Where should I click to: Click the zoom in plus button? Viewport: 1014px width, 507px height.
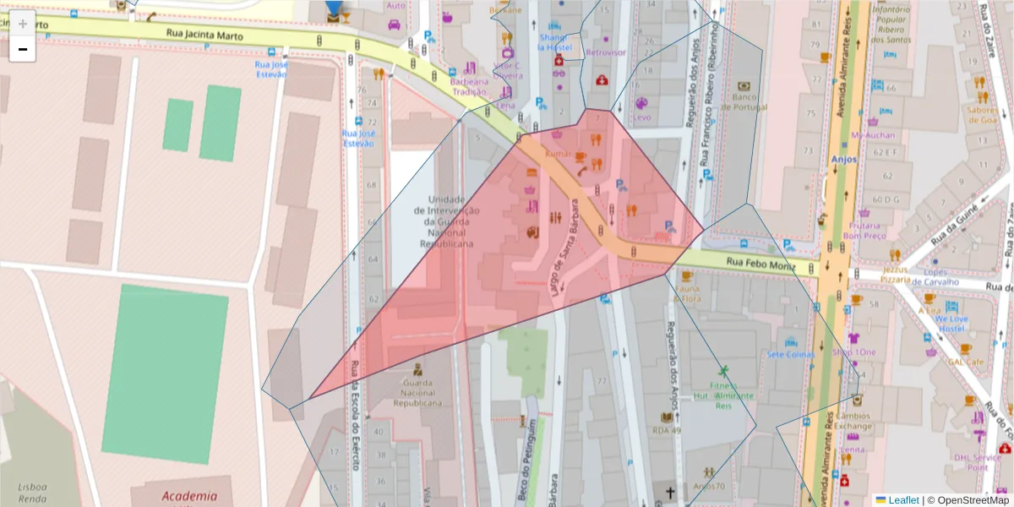click(23, 24)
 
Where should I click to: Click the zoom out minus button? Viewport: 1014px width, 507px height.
click(23, 49)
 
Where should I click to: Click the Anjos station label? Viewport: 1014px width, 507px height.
click(843, 159)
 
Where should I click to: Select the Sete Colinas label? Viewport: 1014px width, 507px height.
click(791, 355)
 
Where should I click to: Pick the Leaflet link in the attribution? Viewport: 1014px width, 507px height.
click(902, 500)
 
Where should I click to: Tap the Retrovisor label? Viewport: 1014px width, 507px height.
click(606, 52)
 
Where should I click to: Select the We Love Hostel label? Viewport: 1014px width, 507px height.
click(951, 323)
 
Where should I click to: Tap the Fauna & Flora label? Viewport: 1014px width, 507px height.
click(688, 292)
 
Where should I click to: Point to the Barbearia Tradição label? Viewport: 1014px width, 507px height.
click(470, 87)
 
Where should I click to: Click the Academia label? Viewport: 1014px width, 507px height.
click(189, 497)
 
